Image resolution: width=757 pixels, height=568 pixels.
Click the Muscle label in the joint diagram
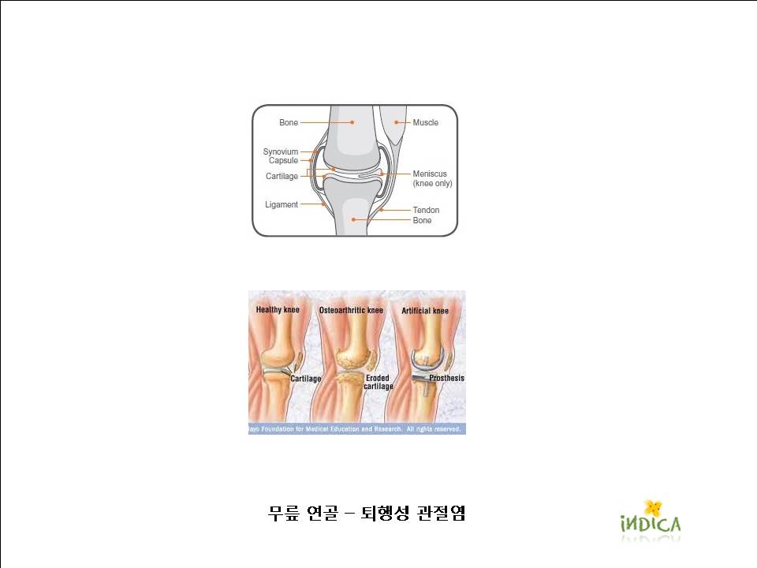pos(425,123)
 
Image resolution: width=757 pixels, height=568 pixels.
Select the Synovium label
pos(281,151)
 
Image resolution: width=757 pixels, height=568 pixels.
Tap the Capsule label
pos(283,160)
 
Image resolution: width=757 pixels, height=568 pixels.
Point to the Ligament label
pos(282,205)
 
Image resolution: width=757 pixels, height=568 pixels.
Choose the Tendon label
pos(426,210)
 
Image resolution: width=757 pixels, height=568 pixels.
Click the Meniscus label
pos(430,174)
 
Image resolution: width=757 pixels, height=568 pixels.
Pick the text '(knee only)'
pos(433,184)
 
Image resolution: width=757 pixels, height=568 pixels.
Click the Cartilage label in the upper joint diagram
pos(282,176)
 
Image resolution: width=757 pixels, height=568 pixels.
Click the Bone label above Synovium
pos(289,123)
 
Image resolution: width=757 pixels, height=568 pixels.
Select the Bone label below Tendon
pos(422,220)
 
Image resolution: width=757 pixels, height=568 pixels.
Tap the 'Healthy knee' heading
pos(278,309)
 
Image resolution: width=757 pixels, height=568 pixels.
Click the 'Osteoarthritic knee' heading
pos(351,310)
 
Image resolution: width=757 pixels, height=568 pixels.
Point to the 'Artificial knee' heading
pos(425,311)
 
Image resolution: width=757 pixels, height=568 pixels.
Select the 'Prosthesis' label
pos(446,378)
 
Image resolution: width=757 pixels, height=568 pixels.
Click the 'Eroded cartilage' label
pos(378,382)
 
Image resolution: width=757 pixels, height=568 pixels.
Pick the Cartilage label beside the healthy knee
pos(306,379)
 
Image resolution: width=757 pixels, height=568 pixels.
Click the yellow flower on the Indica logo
pos(653,507)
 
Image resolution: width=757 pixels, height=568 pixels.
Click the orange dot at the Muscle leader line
pos(397,123)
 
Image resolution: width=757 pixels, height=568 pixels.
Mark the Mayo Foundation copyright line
pos(355,429)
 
